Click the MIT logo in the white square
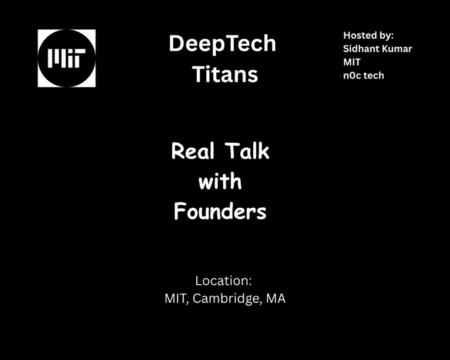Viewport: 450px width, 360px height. pyautogui.click(x=67, y=58)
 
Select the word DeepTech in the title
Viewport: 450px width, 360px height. pyautogui.click(x=223, y=43)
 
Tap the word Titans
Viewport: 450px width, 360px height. pyautogui.click(x=225, y=74)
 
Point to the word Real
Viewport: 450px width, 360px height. pyautogui.click(x=193, y=151)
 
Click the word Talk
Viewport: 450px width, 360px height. pyautogui.click(x=247, y=151)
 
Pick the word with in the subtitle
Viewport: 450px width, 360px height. pyautogui.click(x=220, y=181)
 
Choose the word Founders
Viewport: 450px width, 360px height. pyautogui.click(x=220, y=211)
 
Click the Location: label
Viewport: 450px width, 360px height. pyautogui.click(x=224, y=280)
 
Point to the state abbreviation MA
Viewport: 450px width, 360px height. pyautogui.click(x=276, y=299)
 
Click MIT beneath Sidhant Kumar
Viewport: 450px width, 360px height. pyautogui.click(x=352, y=62)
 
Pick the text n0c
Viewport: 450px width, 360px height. pyautogui.click(x=352, y=76)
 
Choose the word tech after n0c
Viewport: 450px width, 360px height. pyautogui.click(x=374, y=76)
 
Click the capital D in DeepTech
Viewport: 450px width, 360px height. pyautogui.click(x=176, y=43)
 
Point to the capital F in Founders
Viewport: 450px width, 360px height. pyautogui.click(x=179, y=211)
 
